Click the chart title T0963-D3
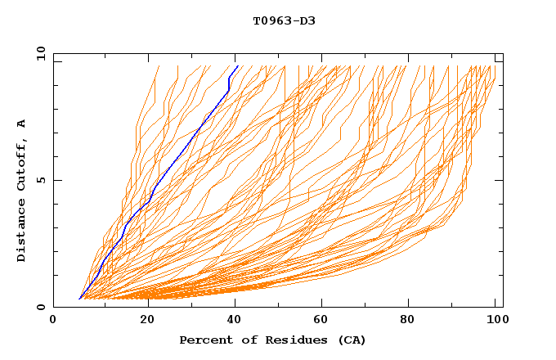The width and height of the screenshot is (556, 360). tap(284, 20)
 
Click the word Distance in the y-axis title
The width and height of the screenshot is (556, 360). tap(22, 232)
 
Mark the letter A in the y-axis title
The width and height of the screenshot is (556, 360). tap(22, 124)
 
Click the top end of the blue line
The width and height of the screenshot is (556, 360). tap(237, 66)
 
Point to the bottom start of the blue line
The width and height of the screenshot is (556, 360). tap(79, 299)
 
